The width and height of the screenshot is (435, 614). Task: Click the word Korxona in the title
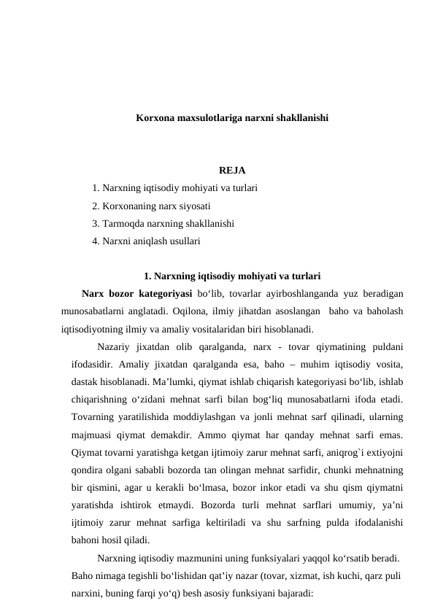[153, 117]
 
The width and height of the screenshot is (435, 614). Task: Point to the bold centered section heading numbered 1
[233, 276]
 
